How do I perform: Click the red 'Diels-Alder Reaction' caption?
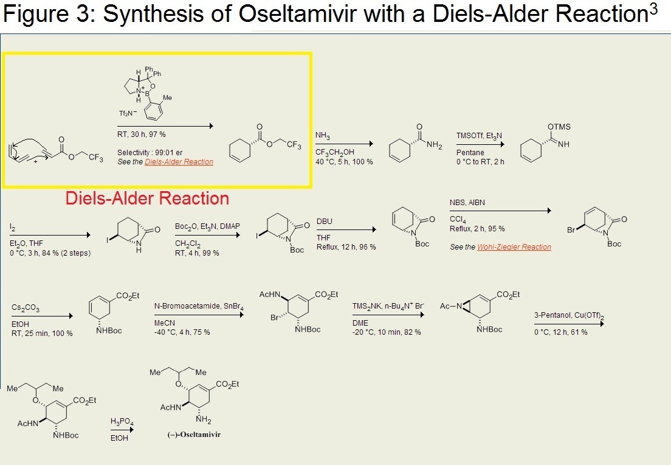click(x=147, y=198)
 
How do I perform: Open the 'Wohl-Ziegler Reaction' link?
click(x=521, y=247)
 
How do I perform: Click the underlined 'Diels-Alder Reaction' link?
click(x=179, y=162)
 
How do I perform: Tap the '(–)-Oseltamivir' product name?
click(x=182, y=435)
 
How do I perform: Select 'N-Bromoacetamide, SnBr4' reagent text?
click(x=199, y=309)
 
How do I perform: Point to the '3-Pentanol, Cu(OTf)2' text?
click(x=568, y=315)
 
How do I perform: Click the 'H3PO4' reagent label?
click(x=120, y=421)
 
